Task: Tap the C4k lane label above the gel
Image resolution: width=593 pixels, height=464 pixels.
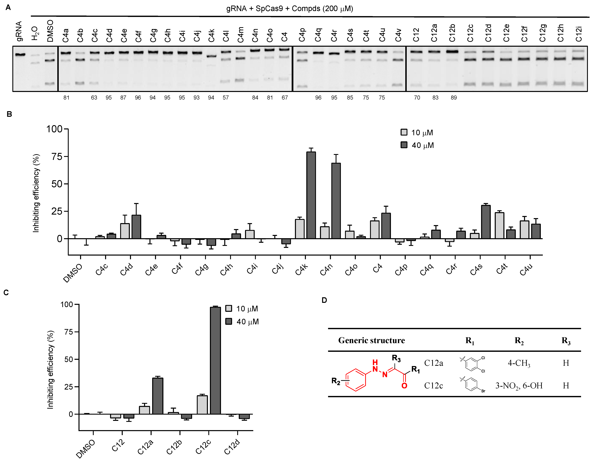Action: click(211, 35)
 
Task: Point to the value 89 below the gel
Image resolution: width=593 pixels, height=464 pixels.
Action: click(454, 98)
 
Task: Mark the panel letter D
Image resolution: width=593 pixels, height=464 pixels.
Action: click(324, 300)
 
